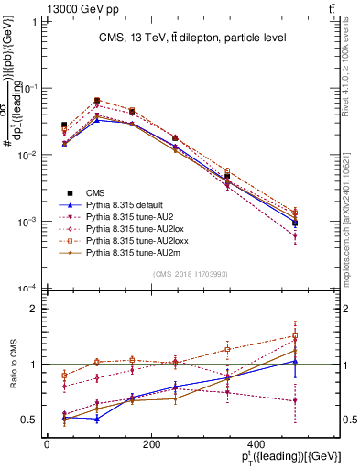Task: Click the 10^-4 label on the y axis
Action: (x=27, y=289)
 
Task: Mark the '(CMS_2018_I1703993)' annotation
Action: (x=190, y=274)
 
